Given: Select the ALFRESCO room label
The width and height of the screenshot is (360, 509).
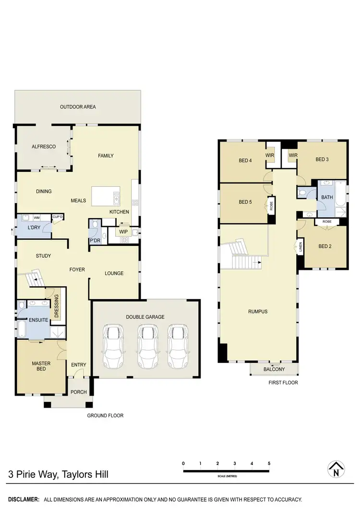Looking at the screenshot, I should coord(44,147).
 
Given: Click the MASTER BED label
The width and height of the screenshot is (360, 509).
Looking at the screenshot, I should coord(42,365).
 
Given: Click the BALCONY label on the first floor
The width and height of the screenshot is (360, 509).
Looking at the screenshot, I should coord(275,369).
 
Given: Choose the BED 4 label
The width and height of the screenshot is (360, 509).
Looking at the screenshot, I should coord(245,160).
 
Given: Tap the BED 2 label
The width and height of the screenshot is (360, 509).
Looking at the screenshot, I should coord(325,247).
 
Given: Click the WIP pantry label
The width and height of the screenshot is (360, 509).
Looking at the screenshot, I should coord(123,231).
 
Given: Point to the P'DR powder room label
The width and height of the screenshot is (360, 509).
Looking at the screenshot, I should coord(94,240).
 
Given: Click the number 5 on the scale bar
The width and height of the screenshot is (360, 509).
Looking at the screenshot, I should coord(269,463).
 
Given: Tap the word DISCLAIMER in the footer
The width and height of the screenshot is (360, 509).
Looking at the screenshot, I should coord(23,500).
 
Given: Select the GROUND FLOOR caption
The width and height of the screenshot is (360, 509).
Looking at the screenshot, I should coord(105,415).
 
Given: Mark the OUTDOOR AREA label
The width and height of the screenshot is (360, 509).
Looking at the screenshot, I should coord(78,107).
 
